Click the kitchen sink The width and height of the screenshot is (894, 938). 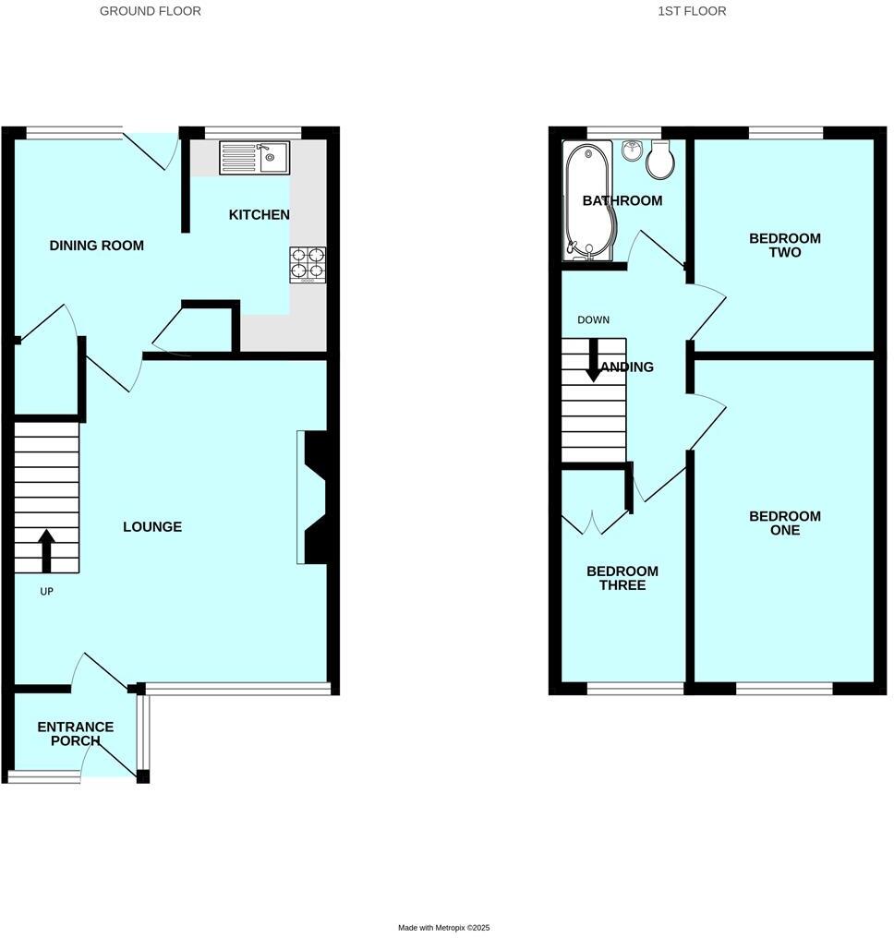pos(254,158)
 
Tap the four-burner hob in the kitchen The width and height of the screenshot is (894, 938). pos(308,263)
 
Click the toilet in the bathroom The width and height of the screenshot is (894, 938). pos(660,162)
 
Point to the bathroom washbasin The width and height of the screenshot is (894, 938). pos(633,150)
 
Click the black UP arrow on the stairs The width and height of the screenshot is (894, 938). pos(46,550)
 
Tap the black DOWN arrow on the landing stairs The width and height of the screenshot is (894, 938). pos(593,361)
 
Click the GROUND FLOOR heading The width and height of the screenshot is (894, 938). pos(151,11)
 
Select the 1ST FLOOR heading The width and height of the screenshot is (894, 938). pos(692,11)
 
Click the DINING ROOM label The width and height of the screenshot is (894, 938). pos(97,246)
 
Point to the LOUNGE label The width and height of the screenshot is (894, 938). pos(152,527)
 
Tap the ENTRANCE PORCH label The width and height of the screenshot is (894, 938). pos(76,734)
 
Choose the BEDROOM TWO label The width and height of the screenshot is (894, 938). pos(784,246)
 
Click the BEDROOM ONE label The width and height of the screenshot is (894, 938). pos(784,523)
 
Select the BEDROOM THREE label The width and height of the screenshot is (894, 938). pos(622,579)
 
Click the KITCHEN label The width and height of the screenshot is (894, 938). pos(260,215)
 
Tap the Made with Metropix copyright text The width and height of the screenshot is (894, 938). pos(444,928)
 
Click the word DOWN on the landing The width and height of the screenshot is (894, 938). pos(593,320)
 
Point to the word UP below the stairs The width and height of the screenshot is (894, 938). pos(46,592)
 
